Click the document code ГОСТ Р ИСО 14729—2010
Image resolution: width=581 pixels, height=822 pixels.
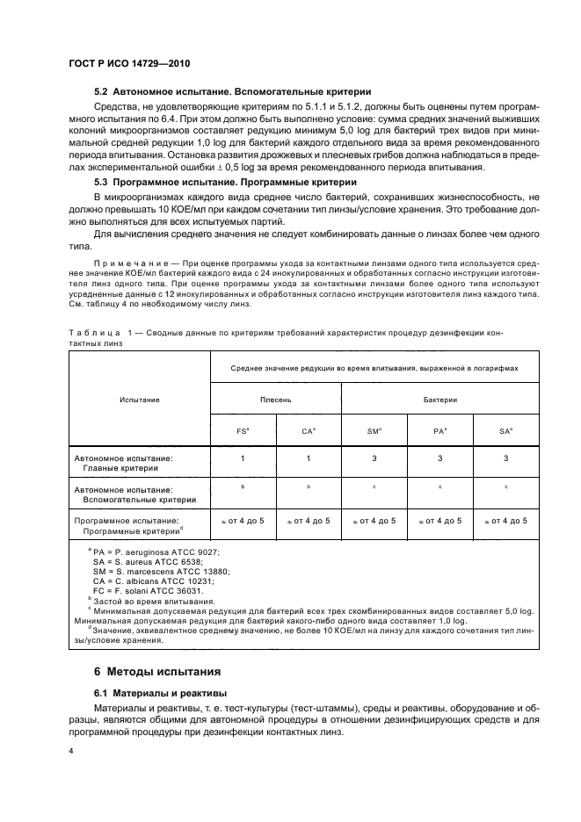point(130,65)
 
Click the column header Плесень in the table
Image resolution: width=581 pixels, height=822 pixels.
point(276,400)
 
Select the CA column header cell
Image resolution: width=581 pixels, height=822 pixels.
point(308,431)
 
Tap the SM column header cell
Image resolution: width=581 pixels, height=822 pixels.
point(374,431)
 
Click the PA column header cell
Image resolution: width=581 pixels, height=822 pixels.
point(440,431)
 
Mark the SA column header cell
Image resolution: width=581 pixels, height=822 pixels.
point(505,431)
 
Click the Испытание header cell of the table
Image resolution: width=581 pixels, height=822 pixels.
point(140,400)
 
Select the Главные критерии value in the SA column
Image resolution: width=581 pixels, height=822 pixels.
point(505,458)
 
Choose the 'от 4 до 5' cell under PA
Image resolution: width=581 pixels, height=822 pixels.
point(441,521)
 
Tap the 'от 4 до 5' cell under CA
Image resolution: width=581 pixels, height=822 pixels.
point(309,521)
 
